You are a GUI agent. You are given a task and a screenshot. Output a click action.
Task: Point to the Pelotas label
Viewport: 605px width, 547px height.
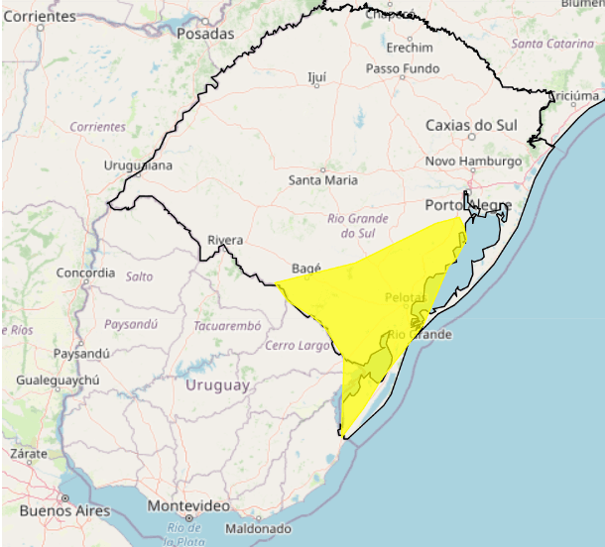[405, 297]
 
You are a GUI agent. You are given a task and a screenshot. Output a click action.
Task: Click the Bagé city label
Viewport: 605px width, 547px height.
[308, 269]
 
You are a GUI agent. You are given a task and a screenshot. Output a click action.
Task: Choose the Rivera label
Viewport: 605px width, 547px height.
[225, 240]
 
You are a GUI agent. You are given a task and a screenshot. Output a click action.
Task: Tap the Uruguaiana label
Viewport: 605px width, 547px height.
[138, 165]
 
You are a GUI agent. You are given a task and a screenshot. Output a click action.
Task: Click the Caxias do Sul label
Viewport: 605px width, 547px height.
[472, 125]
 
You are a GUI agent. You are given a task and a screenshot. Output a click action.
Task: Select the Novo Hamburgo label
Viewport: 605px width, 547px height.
[473, 162]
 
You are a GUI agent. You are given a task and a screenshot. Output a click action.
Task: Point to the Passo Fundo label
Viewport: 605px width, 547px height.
[402, 69]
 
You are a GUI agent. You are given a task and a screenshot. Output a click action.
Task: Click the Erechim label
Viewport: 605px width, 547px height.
[410, 48]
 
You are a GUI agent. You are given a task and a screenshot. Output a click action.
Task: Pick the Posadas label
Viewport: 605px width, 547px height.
[204, 34]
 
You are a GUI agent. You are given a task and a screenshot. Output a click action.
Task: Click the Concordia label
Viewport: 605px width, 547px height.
[86, 273]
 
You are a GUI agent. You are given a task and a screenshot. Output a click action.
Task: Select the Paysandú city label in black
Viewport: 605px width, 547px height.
[80, 353]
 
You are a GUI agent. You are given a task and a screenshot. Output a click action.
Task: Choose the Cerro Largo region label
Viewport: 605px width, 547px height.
[298, 345]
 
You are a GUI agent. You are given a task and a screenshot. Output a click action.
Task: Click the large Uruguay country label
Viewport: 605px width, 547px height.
[216, 385]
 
